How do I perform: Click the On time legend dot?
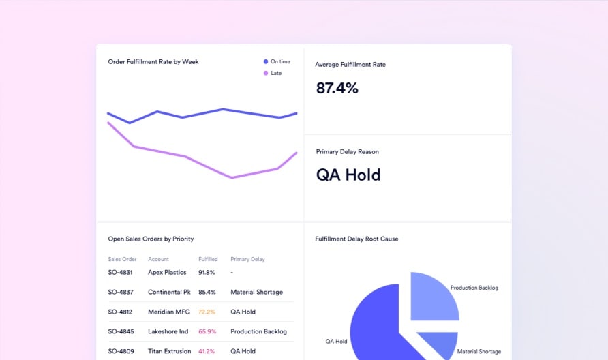click(x=266, y=62)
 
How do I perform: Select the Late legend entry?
click(x=275, y=73)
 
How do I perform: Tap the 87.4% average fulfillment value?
click(x=337, y=88)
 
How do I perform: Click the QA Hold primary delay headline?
click(x=348, y=175)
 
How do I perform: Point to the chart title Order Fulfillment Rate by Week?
click(x=153, y=62)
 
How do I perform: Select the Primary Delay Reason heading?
click(x=348, y=152)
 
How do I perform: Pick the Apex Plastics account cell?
click(x=167, y=273)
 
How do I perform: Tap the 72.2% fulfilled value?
click(x=207, y=312)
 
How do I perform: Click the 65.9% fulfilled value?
click(x=207, y=331)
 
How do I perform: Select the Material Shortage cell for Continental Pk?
click(x=256, y=292)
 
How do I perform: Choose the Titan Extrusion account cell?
click(x=168, y=351)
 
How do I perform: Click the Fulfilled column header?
click(x=208, y=259)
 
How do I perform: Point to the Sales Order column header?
click(x=122, y=259)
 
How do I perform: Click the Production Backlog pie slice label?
click(x=474, y=288)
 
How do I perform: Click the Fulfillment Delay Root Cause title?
click(x=356, y=239)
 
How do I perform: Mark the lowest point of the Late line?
click(x=232, y=178)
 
